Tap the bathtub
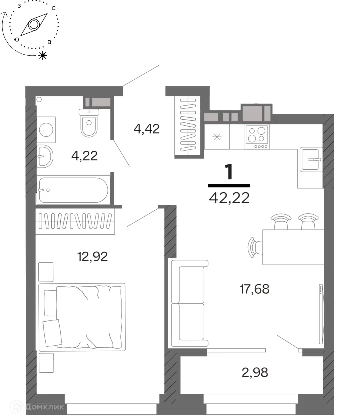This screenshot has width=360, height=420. point(73,190)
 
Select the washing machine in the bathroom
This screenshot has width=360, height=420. point(46,130)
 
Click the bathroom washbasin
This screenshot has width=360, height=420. point(45,156)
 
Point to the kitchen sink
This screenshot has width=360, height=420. point(310,159)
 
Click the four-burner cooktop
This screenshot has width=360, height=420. point(257,137)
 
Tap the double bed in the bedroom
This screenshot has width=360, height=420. point(82,317)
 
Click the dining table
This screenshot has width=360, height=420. point(293,247)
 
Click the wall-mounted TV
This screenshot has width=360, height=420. point(321,314)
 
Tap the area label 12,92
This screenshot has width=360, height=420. point(92,257)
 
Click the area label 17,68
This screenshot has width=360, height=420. point(254,289)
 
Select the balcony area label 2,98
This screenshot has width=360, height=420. point(255,372)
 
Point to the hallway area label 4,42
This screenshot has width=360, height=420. point(147,129)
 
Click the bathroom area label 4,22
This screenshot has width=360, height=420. point(84,156)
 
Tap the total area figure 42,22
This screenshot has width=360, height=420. point(229,198)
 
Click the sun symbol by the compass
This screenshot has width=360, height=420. point(43,55)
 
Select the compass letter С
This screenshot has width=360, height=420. point(54,8)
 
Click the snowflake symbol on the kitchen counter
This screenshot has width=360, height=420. point(217,137)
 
